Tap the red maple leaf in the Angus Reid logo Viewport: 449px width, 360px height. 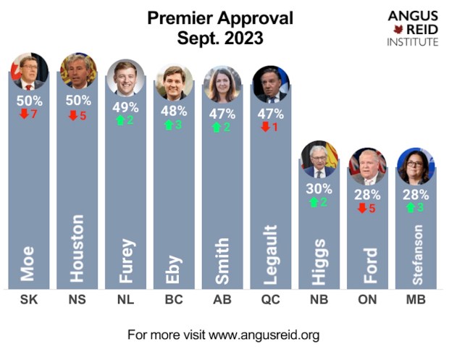[397, 29]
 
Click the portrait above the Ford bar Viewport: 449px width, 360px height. [367, 167]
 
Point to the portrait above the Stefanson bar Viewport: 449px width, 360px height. [415, 166]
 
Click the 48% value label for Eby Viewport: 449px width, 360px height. [174, 111]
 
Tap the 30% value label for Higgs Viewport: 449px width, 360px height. [319, 189]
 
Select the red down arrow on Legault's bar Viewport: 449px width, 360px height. [265, 127]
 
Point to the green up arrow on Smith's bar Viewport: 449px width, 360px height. [217, 127]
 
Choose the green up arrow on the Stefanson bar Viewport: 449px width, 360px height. [410, 208]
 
